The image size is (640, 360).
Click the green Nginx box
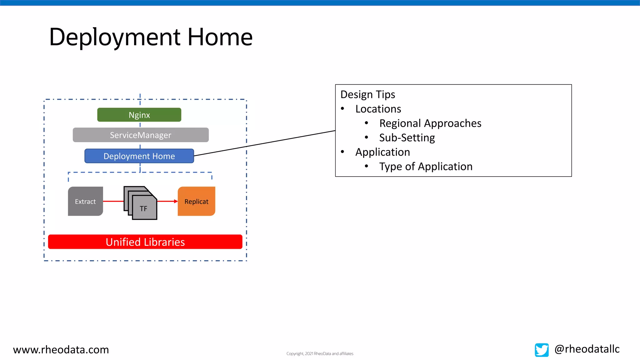(x=139, y=115)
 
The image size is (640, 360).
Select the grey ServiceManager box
(x=141, y=135)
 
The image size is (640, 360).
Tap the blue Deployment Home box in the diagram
(x=139, y=156)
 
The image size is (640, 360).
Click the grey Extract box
(x=85, y=201)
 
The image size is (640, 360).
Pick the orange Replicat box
(x=196, y=201)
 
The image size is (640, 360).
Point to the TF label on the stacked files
(x=143, y=208)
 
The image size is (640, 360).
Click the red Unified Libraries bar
(x=145, y=242)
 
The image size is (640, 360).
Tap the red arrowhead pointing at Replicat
(x=176, y=201)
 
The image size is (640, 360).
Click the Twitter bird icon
(x=542, y=350)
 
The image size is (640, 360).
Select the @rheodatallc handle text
(x=587, y=349)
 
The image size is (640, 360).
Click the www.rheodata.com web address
(x=61, y=349)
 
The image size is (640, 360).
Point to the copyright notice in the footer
(x=320, y=353)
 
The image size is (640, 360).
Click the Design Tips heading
(x=367, y=94)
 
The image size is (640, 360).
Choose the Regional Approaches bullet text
(x=430, y=123)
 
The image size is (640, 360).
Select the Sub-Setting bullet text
(x=407, y=137)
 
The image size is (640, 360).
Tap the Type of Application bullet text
(x=426, y=166)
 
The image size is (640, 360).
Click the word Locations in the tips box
(x=378, y=109)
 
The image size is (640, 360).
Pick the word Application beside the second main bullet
(x=382, y=152)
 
